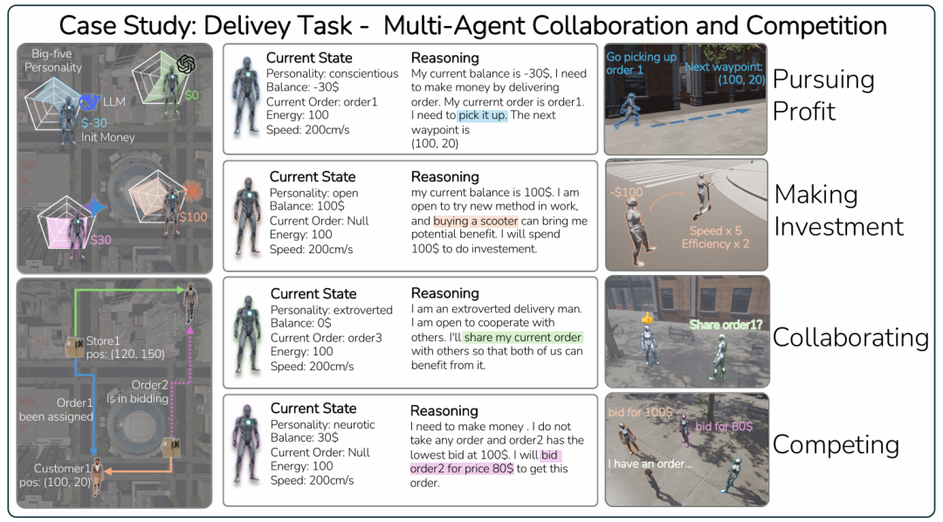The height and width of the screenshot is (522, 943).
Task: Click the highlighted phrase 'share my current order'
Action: [522, 337]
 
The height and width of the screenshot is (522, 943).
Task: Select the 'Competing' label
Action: [836, 444]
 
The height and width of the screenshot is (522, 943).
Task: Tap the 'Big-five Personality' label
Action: [53, 61]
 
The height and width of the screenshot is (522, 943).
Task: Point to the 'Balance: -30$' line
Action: [303, 87]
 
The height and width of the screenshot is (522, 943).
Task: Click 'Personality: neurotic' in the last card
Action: [322, 424]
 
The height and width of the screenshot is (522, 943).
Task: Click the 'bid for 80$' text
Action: [724, 426]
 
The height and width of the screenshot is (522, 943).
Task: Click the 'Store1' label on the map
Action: [103, 340]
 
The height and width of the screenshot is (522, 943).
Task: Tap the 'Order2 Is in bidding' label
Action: [148, 392]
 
